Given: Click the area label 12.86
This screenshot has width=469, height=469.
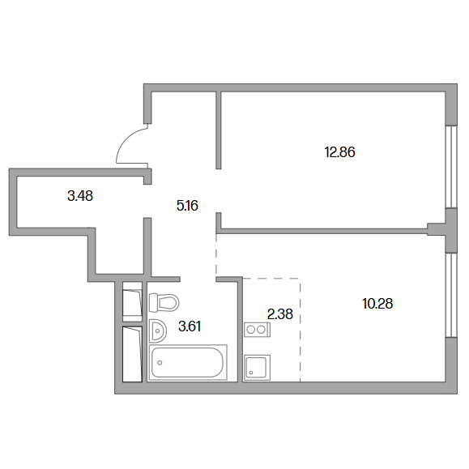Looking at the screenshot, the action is pos(339,152).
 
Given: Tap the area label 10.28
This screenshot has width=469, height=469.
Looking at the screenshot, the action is pos(377,304).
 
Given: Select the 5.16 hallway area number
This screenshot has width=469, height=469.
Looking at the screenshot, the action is pos(188,206).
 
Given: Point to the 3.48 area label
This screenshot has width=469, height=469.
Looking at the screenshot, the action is pos(80,196).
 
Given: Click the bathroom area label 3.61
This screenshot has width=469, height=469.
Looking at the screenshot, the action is pos(190,326).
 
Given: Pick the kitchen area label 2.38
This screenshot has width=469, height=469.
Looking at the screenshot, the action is pos(280,314).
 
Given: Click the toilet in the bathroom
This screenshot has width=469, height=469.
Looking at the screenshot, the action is pos(164,302).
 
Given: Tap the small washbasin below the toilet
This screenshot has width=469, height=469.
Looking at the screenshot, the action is pos(158,330).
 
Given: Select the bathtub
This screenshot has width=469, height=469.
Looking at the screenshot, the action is pos(188,363).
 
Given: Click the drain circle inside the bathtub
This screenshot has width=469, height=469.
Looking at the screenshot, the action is pos(160,363).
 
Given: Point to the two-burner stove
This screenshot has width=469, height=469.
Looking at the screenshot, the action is pos(258,330).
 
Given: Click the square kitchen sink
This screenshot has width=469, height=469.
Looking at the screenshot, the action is pos(258,368).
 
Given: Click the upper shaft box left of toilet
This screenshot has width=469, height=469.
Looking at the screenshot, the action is pos(132,301).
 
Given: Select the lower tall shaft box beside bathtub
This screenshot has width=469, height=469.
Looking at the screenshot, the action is pos(132,354).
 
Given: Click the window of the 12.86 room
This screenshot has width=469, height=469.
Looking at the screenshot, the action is pos(451,166).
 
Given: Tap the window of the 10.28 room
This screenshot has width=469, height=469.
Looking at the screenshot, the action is pos(451,296).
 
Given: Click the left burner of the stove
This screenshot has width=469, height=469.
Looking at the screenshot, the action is pos(250,330).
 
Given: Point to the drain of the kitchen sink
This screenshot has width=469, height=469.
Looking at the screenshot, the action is pos(251,373).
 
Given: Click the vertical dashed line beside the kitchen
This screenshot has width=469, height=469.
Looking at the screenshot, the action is pos(301,330).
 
